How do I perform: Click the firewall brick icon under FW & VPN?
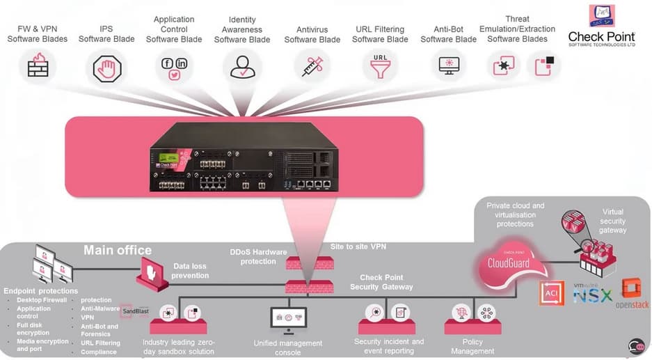(x=38, y=67)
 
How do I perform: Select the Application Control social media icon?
(x=174, y=68)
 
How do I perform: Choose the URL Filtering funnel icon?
(x=379, y=67)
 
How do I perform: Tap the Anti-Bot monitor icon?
(x=449, y=67)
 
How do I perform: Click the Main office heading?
(x=118, y=250)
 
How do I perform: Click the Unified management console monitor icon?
(x=287, y=318)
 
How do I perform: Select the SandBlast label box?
(x=135, y=311)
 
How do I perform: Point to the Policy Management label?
(x=472, y=346)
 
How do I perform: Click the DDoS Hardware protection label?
(x=258, y=256)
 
